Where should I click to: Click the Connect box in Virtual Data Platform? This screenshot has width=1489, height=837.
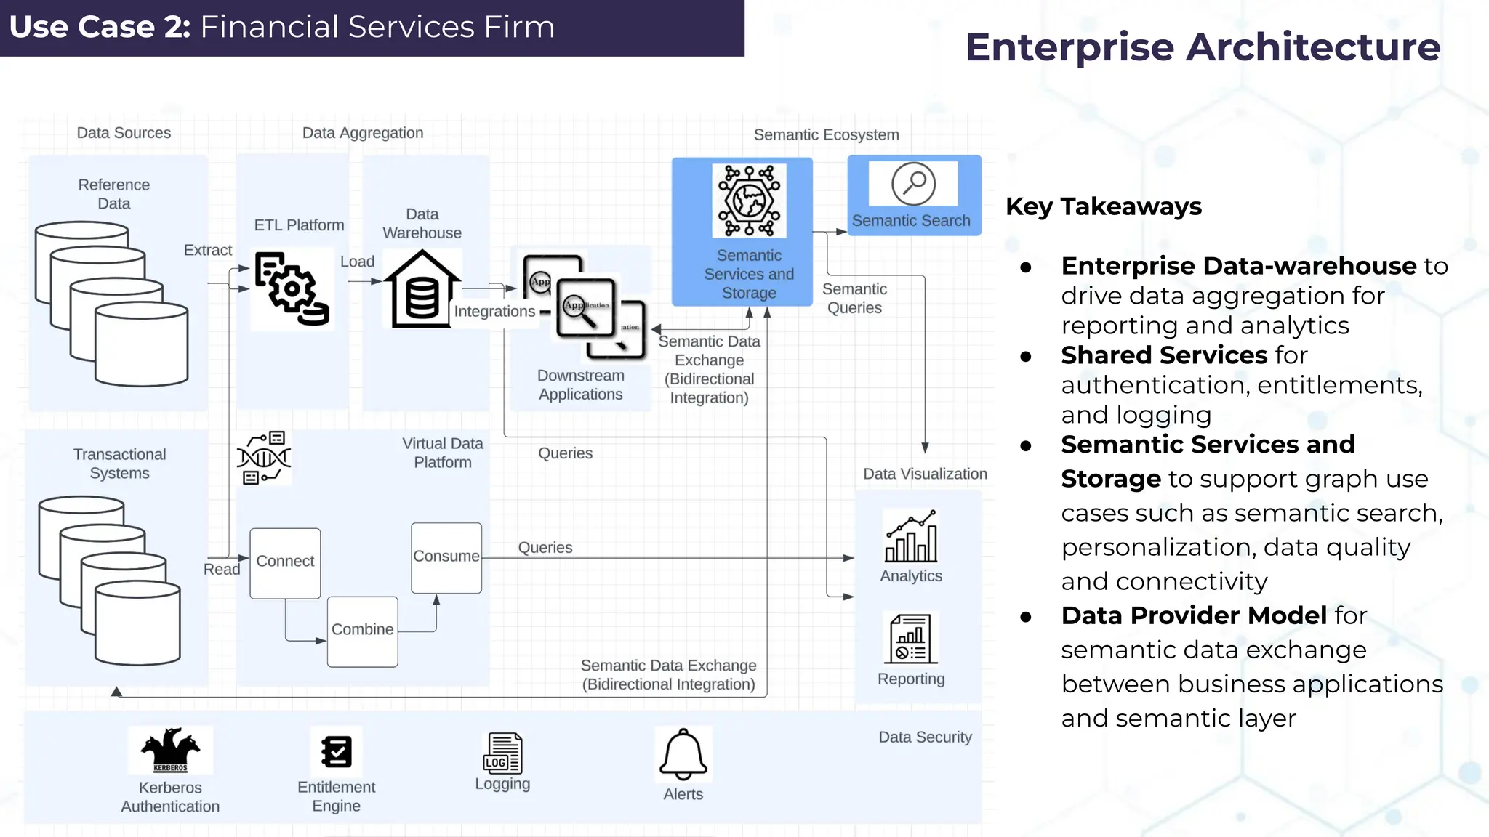[x=285, y=562]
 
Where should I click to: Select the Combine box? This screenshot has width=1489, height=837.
[x=362, y=631]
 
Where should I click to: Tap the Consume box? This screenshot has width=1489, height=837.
[x=446, y=557]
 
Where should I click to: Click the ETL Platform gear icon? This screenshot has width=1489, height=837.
[x=292, y=288]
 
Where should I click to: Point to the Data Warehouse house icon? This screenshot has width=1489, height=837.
[x=422, y=289]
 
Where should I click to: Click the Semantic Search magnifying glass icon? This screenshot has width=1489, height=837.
[x=913, y=184]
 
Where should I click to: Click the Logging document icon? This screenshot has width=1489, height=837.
[x=502, y=753]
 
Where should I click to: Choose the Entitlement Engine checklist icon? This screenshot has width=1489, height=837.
[x=337, y=751]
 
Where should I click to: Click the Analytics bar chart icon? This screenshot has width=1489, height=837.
[x=911, y=537]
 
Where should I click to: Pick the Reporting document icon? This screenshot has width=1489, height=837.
[x=911, y=639]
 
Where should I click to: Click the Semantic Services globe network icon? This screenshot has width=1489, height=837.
[x=749, y=201]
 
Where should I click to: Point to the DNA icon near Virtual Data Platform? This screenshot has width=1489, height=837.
[x=263, y=458]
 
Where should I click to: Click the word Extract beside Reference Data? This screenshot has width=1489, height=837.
[x=208, y=250]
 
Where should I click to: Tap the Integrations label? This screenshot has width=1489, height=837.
[x=494, y=311]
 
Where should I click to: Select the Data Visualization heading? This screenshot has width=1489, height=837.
[x=925, y=474]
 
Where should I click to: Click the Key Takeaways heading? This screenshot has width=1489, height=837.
[x=1103, y=206]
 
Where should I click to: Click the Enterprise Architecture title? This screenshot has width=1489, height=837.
[x=1203, y=47]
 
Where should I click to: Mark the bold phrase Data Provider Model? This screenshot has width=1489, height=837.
[x=1194, y=615]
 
